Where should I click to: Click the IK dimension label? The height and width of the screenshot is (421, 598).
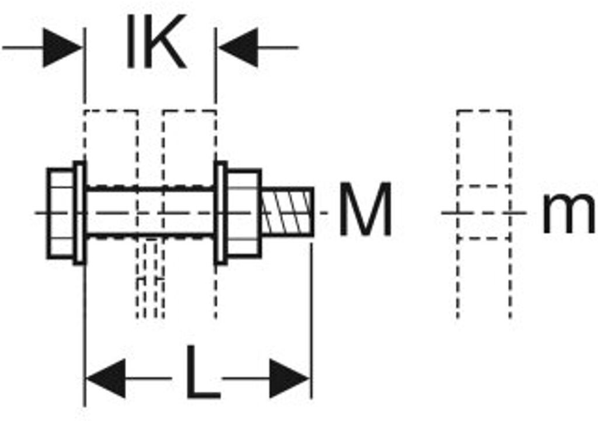point(155,43)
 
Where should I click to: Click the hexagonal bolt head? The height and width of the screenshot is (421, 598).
point(60,213)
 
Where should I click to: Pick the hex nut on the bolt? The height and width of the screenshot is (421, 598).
point(243,213)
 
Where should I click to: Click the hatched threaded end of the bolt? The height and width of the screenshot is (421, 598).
point(287,212)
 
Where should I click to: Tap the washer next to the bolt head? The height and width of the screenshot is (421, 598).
point(79,213)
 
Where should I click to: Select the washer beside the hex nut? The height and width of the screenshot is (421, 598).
point(221,213)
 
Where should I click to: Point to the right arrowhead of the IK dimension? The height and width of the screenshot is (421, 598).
point(238,47)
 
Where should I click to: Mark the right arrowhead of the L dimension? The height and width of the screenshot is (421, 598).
point(289,379)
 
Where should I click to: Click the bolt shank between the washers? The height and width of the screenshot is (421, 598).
point(150,212)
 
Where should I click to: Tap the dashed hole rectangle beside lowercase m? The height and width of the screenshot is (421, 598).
point(484,212)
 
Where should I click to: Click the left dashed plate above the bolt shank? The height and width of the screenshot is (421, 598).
point(112,146)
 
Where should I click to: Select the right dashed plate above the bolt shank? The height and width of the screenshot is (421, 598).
point(189,146)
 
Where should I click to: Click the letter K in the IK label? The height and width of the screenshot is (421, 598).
point(164,43)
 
